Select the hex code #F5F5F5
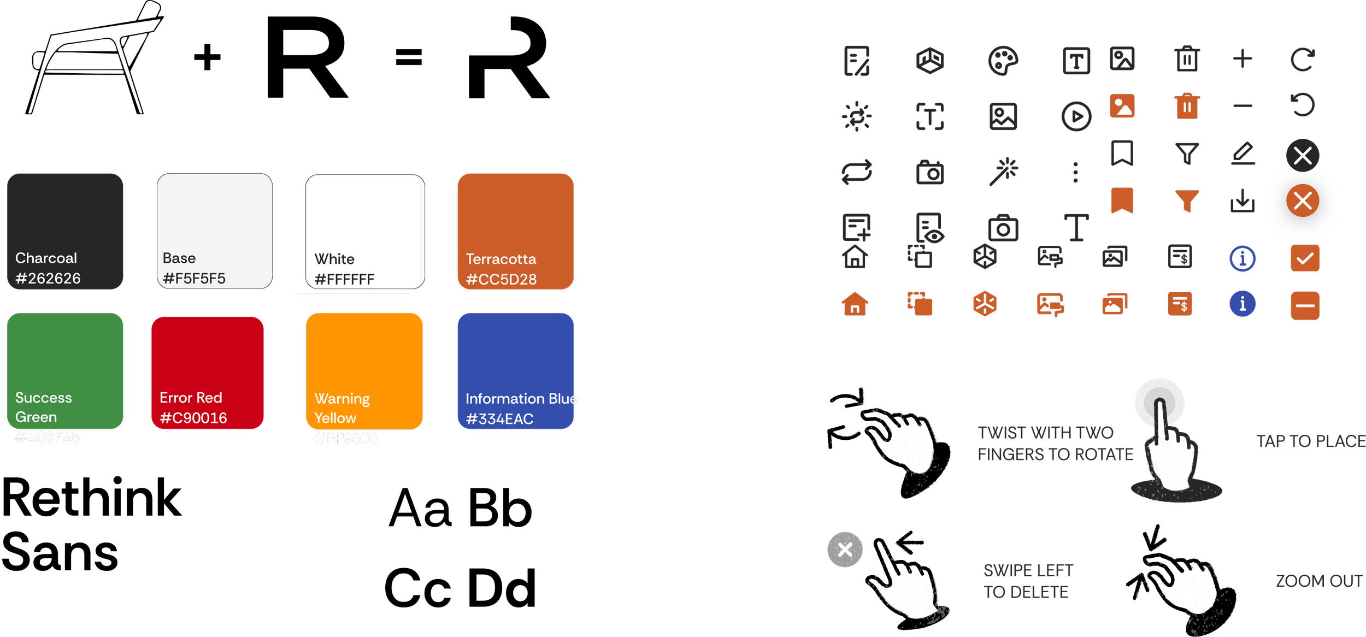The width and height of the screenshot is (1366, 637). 194,279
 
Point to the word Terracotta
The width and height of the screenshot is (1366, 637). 501,259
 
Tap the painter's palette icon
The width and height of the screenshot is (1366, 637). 1003,61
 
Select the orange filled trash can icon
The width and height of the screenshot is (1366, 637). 1187,106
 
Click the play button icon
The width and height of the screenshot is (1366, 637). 1076,116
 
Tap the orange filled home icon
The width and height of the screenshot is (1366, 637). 855,304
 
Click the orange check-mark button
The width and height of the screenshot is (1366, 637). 1305,258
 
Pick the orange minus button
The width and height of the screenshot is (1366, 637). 1305,305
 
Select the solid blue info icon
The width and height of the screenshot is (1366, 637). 1243,304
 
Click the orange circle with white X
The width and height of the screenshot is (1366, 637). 1303,201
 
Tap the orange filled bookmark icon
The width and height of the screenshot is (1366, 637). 1122,200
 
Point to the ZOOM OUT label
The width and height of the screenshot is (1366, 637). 1318,581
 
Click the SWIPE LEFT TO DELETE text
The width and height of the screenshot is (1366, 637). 1028,581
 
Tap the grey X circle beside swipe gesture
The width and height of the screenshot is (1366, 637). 845,549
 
